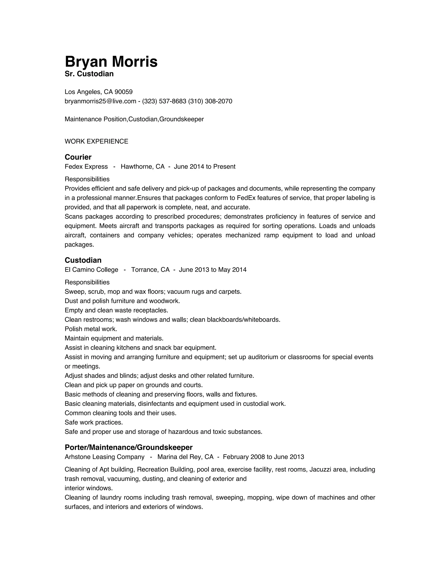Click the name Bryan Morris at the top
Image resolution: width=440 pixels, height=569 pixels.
[111, 62]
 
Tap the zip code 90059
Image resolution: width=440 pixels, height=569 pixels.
[124, 92]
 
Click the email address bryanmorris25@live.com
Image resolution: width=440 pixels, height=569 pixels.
[100, 101]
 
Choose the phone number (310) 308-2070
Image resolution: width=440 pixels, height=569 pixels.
[210, 101]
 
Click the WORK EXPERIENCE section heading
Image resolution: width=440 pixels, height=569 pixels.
[96, 141]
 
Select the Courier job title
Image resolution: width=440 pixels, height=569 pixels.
[78, 157]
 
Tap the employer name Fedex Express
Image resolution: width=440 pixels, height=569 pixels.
[86, 167]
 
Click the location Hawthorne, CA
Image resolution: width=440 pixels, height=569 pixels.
[143, 167]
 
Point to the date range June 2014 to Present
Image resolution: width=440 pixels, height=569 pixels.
[204, 167]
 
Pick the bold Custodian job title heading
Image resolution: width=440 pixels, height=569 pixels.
[83, 260]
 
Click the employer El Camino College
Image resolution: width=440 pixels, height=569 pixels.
[91, 270]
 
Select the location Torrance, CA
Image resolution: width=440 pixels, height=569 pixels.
[150, 270]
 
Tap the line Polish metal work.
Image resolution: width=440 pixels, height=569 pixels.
[91, 329]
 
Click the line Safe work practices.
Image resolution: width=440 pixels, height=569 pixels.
[94, 422]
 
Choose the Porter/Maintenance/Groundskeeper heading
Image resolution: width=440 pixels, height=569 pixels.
[128, 447]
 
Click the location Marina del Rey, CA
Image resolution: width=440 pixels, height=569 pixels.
[185, 457]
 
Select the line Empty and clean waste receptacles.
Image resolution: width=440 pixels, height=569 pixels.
[116, 310]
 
